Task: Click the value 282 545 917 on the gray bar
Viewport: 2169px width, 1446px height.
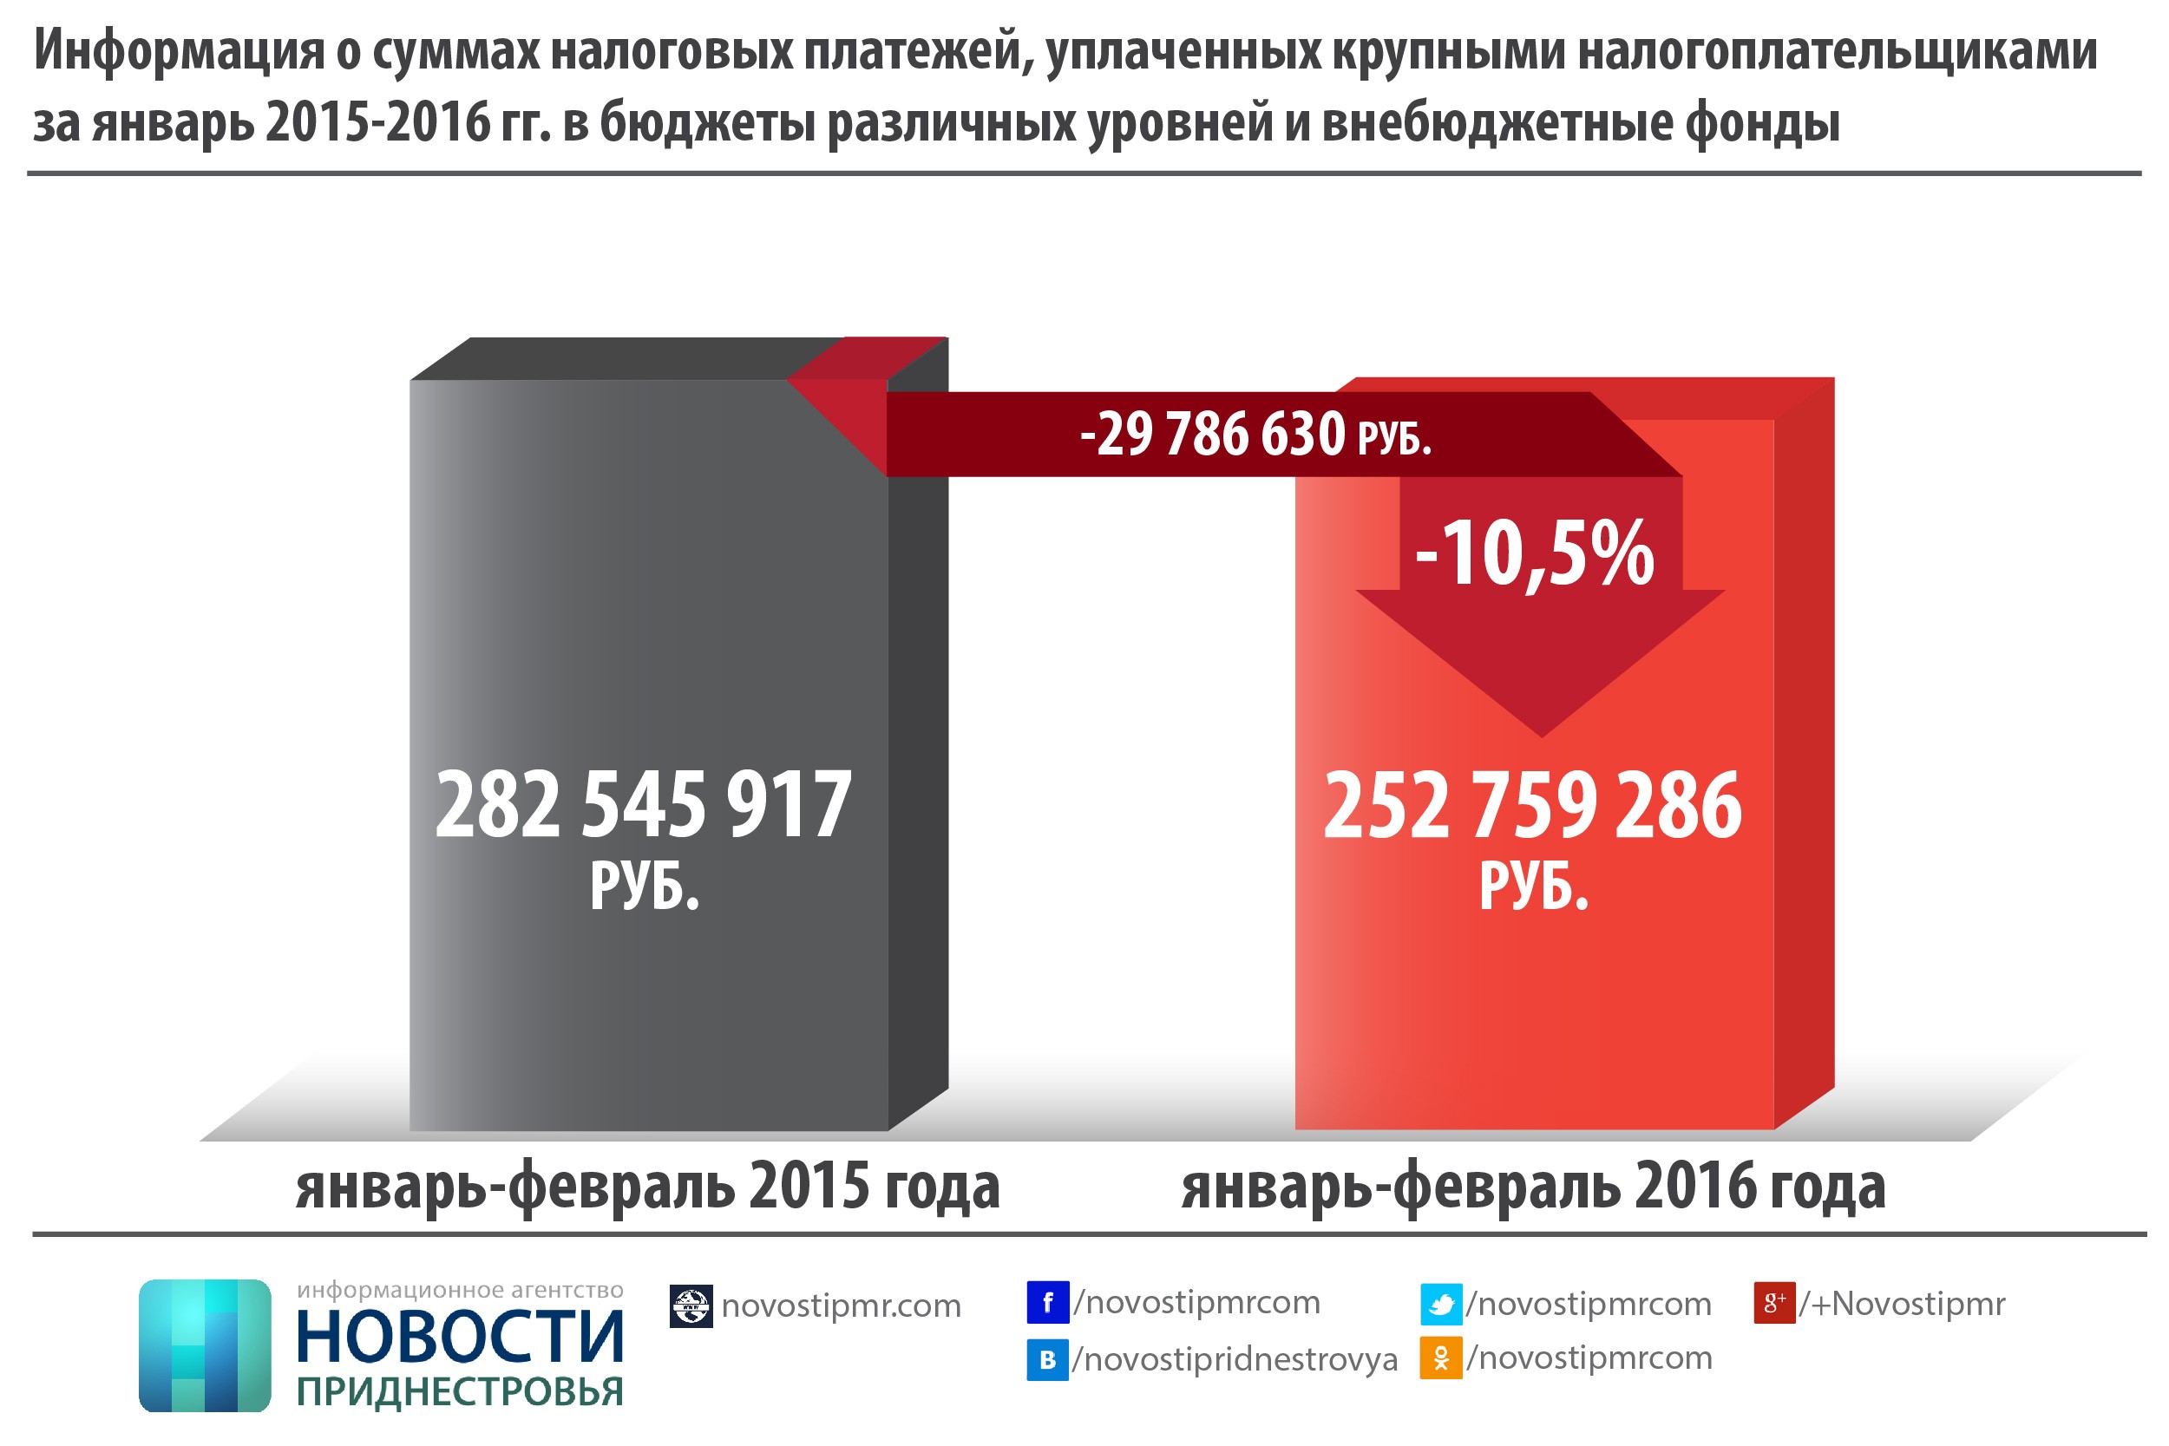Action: [643, 804]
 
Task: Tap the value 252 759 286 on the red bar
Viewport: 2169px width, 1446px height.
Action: [1533, 806]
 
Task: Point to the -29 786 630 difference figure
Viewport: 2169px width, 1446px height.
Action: [1212, 434]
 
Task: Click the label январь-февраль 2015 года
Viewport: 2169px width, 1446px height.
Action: [647, 1187]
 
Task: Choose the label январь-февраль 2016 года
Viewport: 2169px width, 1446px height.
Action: [1534, 1187]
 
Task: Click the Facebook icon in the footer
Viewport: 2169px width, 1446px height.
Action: [1047, 1302]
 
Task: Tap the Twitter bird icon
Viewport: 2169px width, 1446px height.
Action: [1440, 1304]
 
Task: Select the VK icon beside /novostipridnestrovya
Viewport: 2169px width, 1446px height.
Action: [1047, 1360]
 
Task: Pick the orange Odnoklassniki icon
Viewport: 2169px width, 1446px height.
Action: [1440, 1358]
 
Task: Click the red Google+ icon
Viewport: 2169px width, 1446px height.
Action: [1773, 1303]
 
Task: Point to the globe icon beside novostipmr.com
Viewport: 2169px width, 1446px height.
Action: [691, 1305]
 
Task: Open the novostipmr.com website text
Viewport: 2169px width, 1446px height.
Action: [841, 1305]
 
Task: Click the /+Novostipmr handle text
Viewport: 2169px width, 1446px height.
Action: [1902, 1304]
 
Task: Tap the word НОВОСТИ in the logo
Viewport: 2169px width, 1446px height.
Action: [460, 1338]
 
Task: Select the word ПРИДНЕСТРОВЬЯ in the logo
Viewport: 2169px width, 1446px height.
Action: [460, 1391]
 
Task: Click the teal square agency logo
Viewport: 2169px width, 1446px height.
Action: [205, 1345]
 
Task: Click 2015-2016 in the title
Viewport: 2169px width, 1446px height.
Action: [379, 122]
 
